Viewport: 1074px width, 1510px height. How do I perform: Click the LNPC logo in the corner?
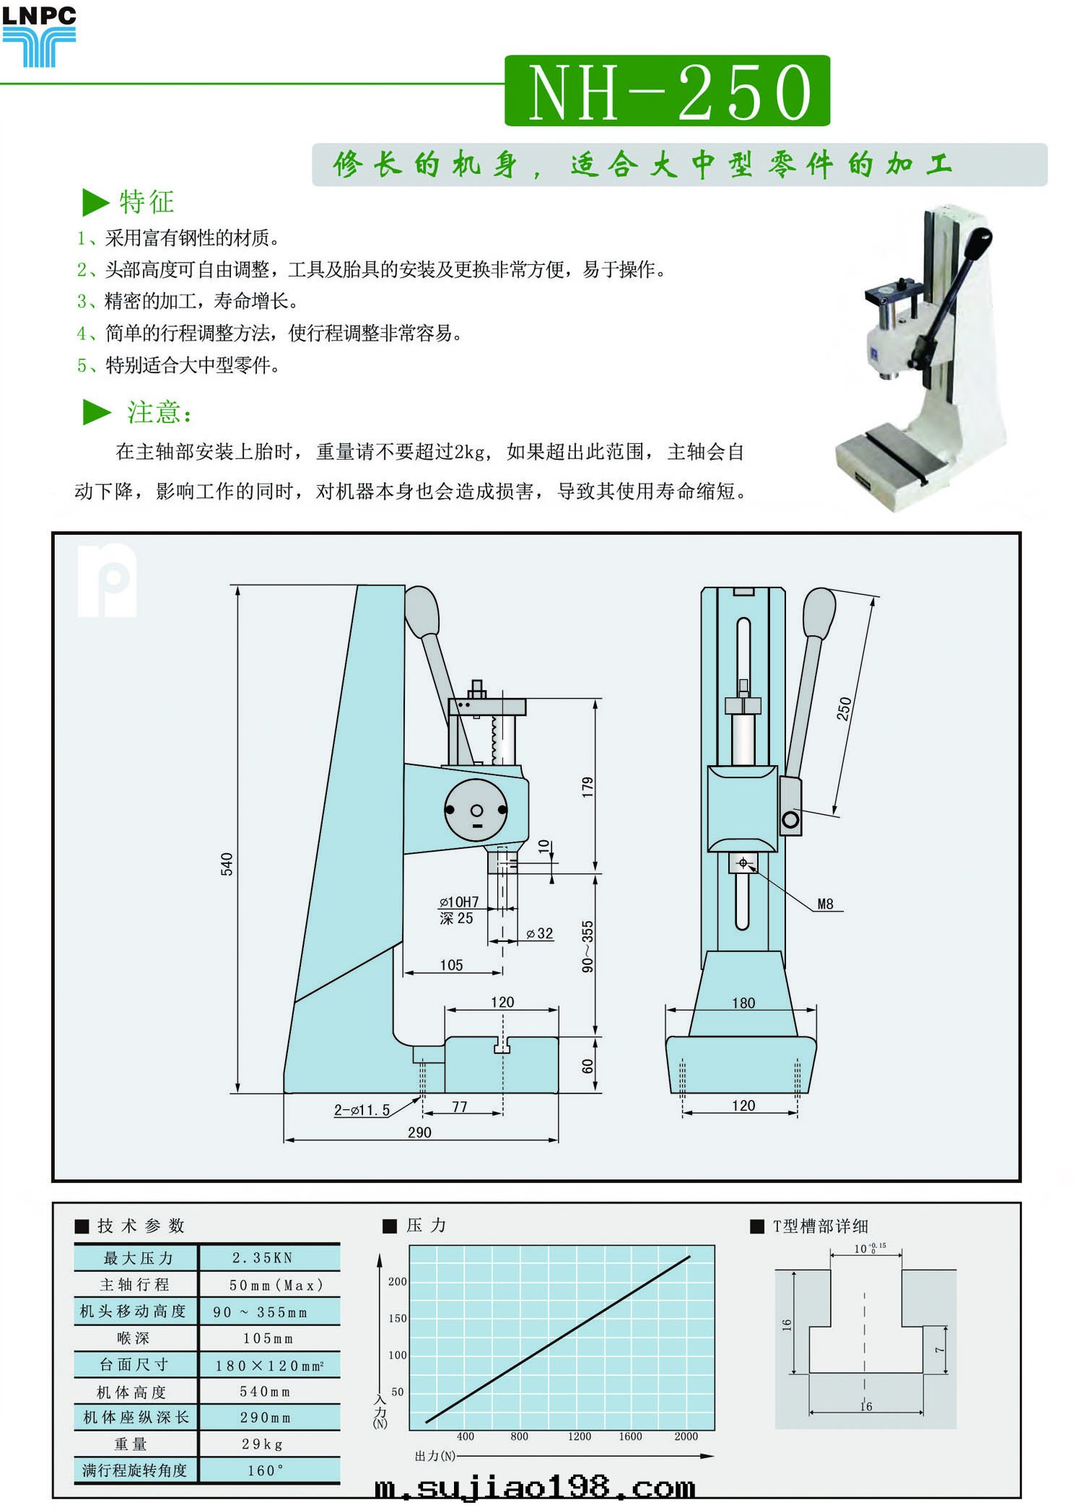[39, 36]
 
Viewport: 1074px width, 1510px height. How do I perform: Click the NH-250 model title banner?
[667, 92]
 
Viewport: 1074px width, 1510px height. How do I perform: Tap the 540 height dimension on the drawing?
[227, 863]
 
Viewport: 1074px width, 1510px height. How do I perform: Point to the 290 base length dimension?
[419, 1132]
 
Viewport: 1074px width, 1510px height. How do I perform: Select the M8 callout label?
[825, 904]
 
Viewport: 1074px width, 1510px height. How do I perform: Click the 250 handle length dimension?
[844, 708]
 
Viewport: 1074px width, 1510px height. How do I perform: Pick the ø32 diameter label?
[540, 933]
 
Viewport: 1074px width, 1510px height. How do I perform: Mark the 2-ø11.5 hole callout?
[362, 1110]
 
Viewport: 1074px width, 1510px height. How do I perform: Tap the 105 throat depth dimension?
[451, 965]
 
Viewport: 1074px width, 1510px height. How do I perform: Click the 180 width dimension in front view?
[743, 1003]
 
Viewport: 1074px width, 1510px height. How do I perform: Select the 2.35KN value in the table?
[263, 1258]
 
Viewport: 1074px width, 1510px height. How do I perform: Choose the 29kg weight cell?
[263, 1444]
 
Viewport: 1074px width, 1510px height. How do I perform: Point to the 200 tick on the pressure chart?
[397, 1281]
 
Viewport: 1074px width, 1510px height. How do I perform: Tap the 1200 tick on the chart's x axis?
[579, 1436]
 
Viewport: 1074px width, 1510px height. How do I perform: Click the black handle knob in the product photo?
[980, 242]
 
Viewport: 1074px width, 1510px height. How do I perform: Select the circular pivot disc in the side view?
[476, 810]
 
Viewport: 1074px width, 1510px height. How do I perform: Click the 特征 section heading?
[147, 202]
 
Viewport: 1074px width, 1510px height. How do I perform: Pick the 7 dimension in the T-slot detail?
[939, 1349]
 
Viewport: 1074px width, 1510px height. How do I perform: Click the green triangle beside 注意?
[96, 412]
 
